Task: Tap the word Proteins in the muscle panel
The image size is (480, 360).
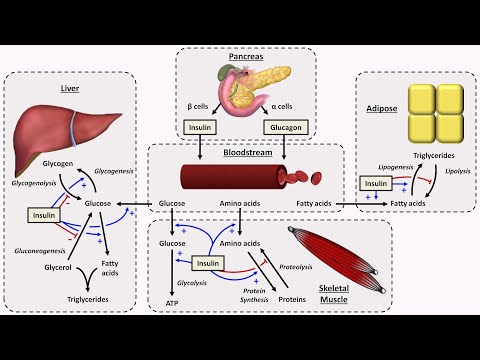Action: [293, 298]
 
